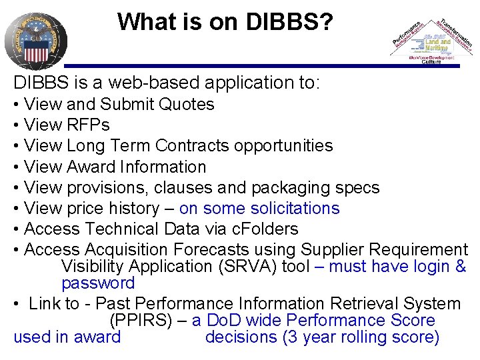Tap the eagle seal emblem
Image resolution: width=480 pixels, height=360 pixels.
[36, 39]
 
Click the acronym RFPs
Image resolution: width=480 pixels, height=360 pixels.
[87, 125]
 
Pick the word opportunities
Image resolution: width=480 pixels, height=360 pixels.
[287, 146]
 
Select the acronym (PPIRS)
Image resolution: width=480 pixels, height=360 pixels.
[143, 321]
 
